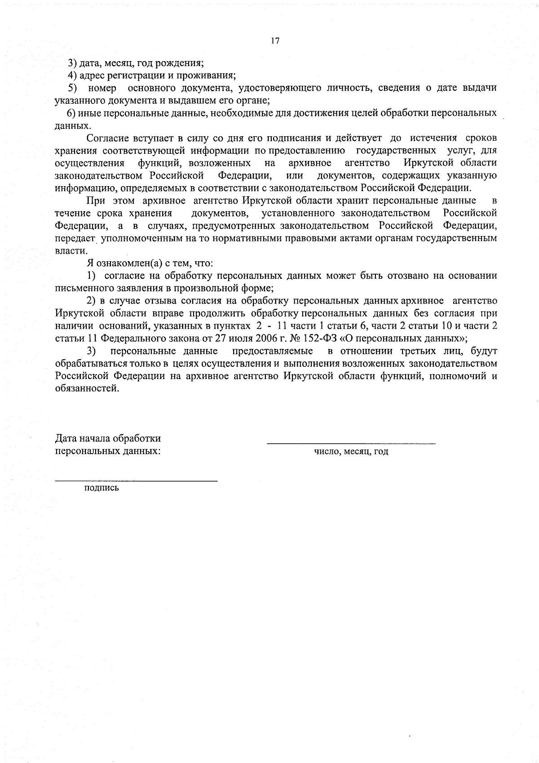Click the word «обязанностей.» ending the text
tap(88, 388)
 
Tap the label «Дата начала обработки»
tap(108, 438)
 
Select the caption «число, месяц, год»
tap(351, 451)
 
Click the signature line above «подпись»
tap(136, 482)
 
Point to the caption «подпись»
tap(102, 488)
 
